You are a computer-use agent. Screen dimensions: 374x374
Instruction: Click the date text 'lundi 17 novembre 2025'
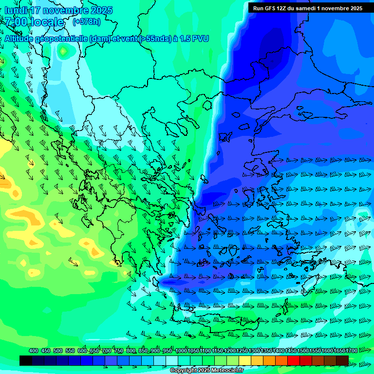tap(58, 10)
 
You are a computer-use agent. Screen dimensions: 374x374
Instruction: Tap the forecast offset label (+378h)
tap(87, 21)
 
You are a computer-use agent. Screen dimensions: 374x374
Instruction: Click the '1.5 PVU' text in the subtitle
tap(194, 38)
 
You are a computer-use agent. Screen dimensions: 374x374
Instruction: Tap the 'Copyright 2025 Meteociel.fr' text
tap(206, 370)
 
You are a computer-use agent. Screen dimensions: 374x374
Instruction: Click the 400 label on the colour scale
tap(34, 351)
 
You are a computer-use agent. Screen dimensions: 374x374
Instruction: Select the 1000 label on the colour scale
tap(181, 351)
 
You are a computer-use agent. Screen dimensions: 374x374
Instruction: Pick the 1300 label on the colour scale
tap(254, 351)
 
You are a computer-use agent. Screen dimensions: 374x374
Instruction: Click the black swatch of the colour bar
tap(26, 360)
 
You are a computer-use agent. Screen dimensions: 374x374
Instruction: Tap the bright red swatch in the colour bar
tap(294, 360)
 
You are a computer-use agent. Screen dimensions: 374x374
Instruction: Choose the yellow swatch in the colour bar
tap(245, 360)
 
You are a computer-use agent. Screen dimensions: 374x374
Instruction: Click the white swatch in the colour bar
tap(172, 360)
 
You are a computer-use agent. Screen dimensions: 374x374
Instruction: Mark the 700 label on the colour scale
tap(107, 351)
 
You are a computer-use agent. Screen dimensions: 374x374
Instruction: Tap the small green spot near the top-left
tap(63, 50)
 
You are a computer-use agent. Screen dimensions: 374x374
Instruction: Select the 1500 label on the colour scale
tap(302, 351)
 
